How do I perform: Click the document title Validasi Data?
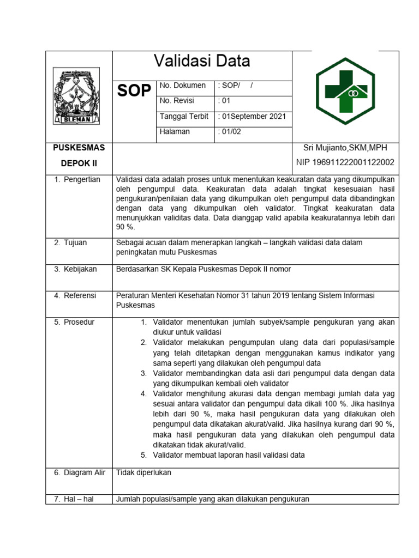click(202, 61)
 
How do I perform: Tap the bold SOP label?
click(134, 92)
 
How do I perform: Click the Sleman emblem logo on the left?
click(76, 96)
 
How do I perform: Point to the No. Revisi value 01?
click(224, 101)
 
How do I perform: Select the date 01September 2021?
click(252, 117)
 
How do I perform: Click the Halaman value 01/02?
click(229, 132)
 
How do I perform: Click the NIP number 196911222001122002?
click(345, 162)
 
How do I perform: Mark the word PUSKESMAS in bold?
click(79, 148)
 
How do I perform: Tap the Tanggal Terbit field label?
click(184, 117)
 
